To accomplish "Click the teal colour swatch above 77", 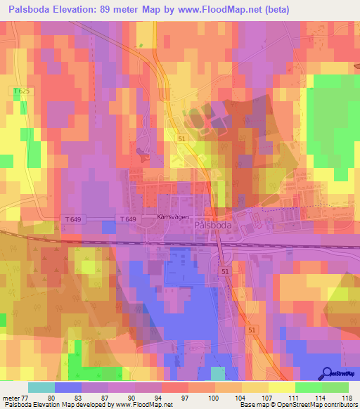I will (x=41, y=387).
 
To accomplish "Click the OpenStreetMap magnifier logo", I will (x=328, y=374).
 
